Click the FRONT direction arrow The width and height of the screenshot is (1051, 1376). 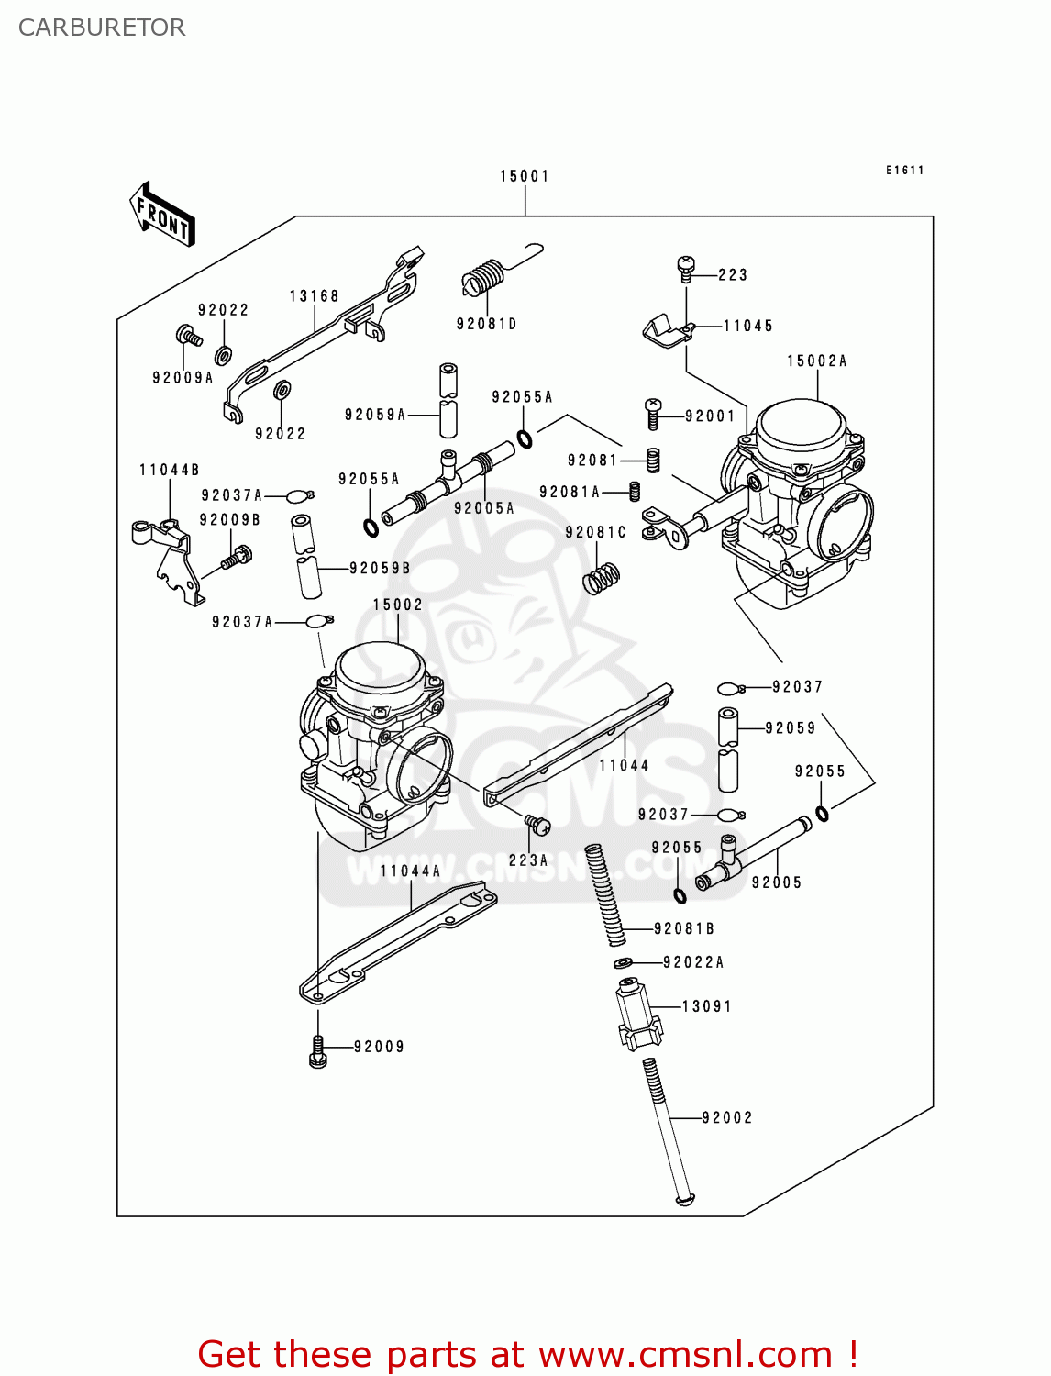coord(163,215)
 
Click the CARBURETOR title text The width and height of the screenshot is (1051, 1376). coord(102,28)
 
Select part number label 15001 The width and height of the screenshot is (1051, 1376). coord(524,176)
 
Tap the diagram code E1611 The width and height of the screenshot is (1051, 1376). coord(904,171)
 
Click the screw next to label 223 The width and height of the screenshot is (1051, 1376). coord(686,268)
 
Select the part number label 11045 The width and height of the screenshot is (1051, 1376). coord(747,326)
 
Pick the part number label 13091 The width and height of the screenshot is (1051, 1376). coord(706,1006)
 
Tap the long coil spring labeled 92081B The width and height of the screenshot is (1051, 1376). coord(605,894)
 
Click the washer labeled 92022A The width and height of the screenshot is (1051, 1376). coord(624,962)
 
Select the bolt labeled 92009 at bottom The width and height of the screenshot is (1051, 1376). coord(318,1051)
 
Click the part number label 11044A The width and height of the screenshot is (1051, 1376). coord(410,871)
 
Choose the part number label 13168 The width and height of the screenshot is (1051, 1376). coord(314,296)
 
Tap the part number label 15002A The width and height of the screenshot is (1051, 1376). coord(816,361)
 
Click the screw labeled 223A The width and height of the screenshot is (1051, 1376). coord(537,826)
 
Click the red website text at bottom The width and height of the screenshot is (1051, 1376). coord(527,1354)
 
